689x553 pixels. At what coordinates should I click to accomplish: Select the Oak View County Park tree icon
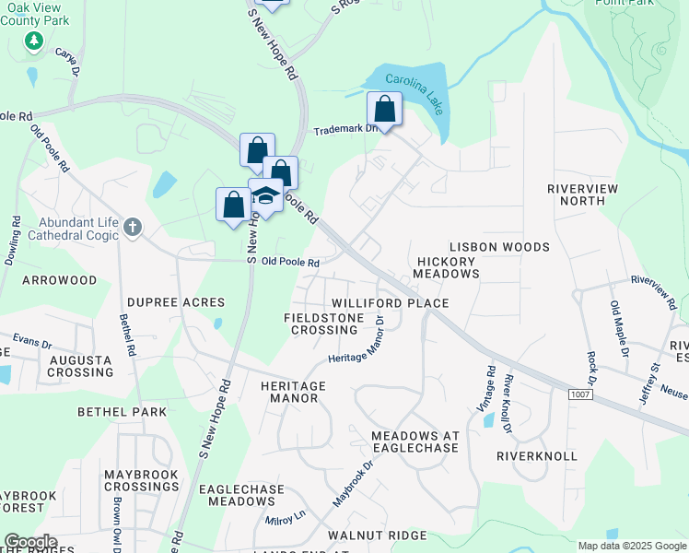pyautogui.click(x=34, y=41)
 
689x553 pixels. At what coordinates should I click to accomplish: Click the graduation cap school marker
pyautogui.click(x=265, y=195)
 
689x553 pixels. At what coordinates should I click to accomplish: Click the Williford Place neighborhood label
pyautogui.click(x=390, y=303)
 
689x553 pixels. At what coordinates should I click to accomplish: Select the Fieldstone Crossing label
pyautogui.click(x=321, y=324)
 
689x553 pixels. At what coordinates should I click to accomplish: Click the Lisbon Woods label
pyautogui.click(x=499, y=247)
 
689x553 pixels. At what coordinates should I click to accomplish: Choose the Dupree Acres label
pyautogui.click(x=176, y=302)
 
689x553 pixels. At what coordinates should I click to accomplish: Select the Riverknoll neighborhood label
pyautogui.click(x=536, y=456)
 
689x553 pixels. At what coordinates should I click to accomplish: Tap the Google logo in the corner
pyautogui.click(x=29, y=542)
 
